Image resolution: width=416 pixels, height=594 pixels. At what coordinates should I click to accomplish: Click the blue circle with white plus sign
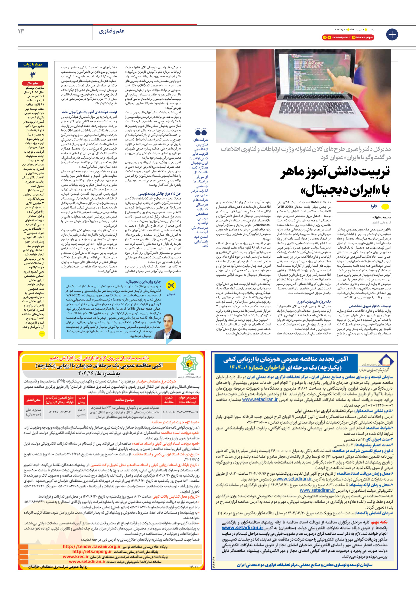click(x=392, y=34)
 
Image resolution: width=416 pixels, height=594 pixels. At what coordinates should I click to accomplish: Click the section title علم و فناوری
click(x=111, y=31)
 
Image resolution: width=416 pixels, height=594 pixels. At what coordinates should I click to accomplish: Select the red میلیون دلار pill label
click(x=33, y=83)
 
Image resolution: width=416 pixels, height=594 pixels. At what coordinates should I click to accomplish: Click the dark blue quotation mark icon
click(x=201, y=132)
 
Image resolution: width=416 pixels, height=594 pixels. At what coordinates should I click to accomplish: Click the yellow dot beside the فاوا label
click(x=385, y=206)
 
